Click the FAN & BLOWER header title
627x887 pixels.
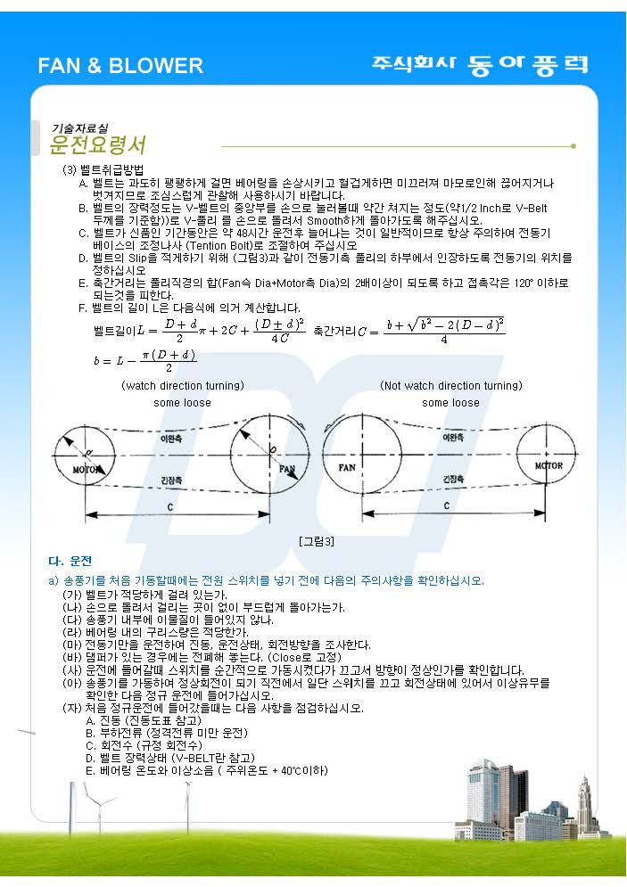pos(120,66)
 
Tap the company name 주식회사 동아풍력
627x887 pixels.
pos(480,64)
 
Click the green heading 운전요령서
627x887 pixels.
pos(98,144)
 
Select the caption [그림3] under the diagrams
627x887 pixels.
pos(317,541)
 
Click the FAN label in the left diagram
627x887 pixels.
pos(287,468)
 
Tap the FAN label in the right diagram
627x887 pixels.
pos(348,467)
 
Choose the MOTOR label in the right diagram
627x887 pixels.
pos(548,465)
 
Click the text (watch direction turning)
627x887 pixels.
pos(182,386)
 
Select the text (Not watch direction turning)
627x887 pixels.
pos(450,386)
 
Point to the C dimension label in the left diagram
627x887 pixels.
pos(169,505)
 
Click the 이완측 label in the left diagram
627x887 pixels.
pos(171,438)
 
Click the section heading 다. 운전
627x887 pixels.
pos(70,562)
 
